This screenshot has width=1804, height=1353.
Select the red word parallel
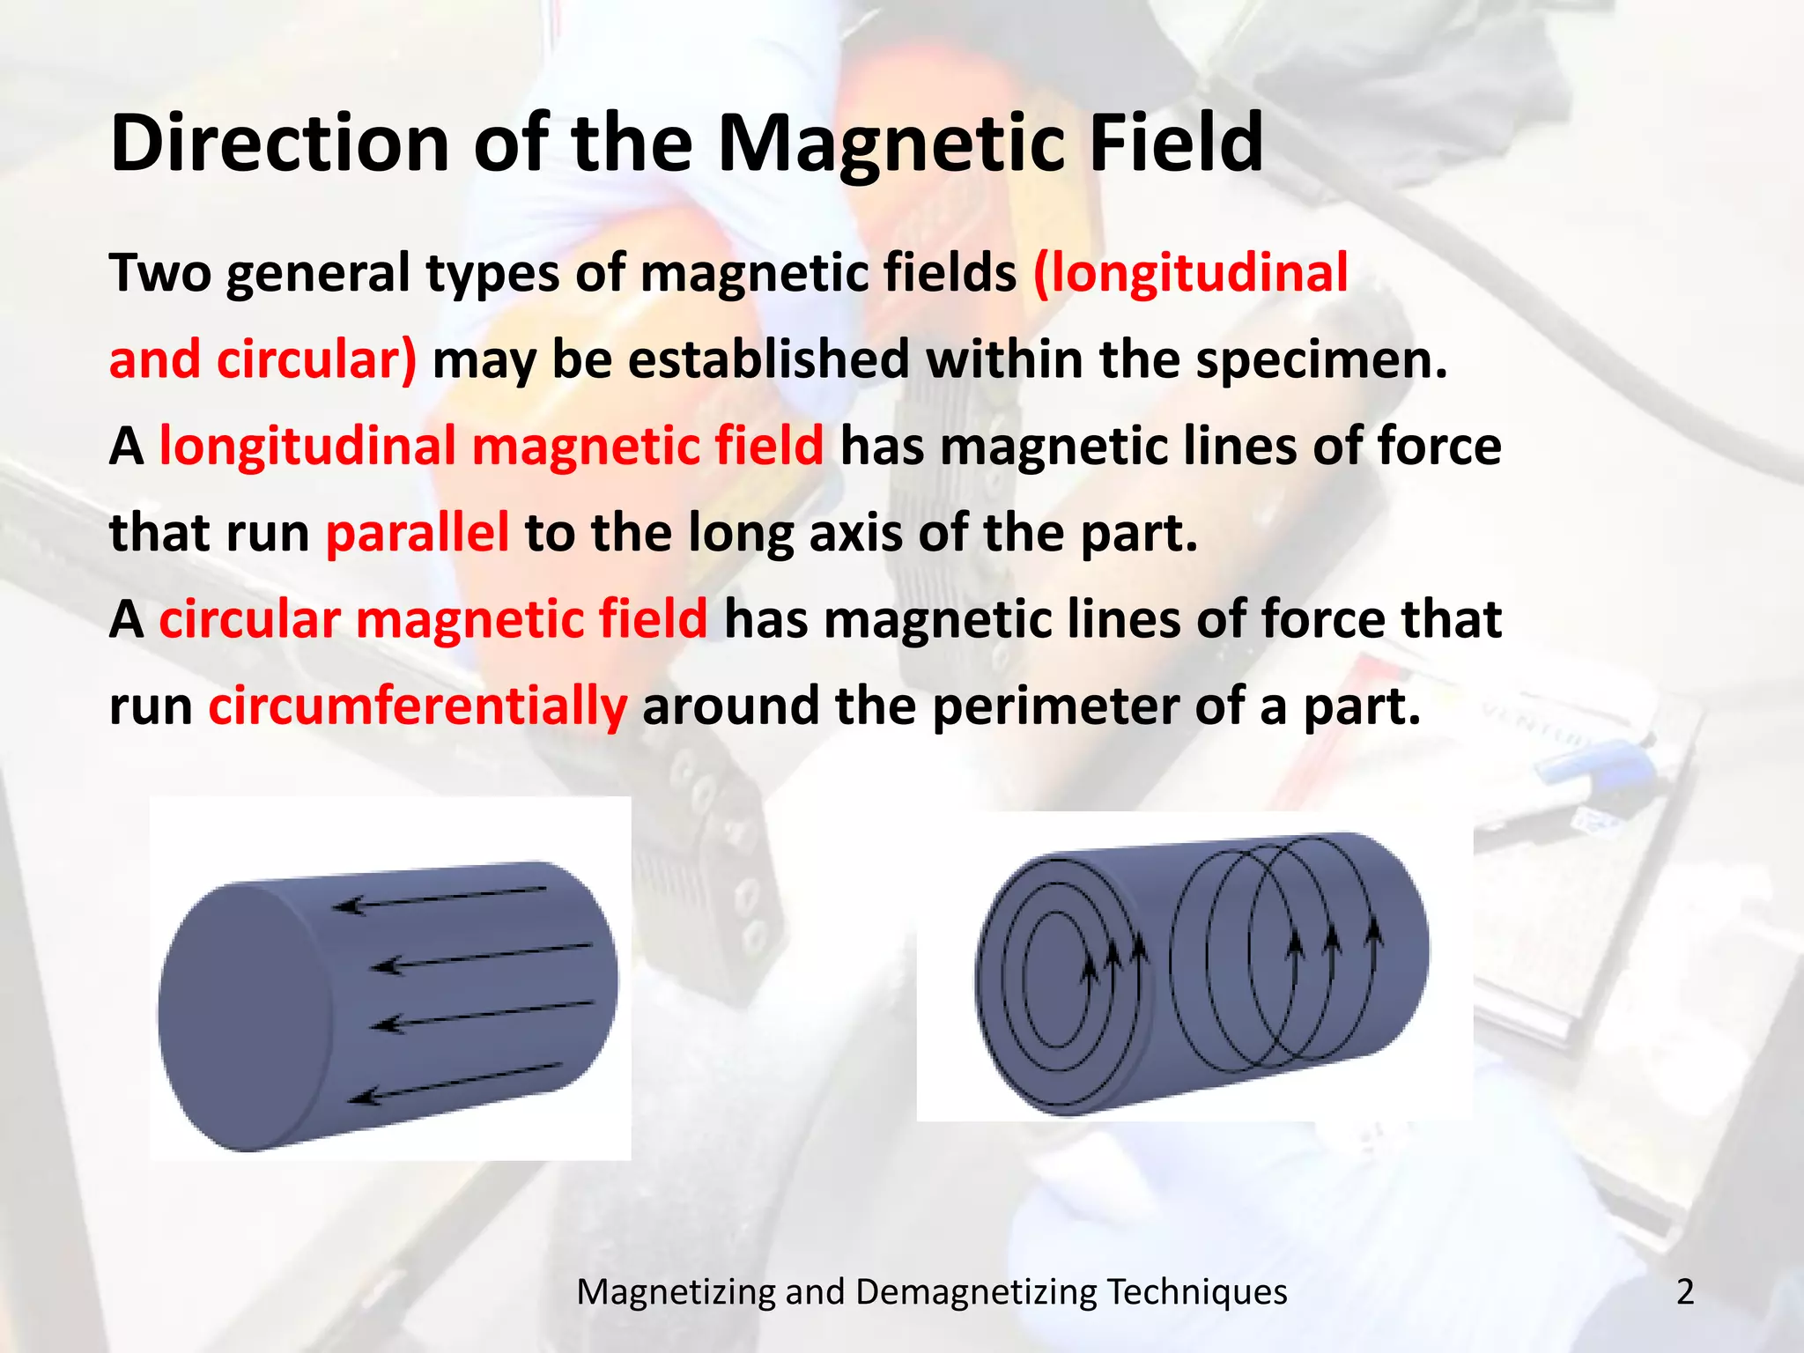(417, 533)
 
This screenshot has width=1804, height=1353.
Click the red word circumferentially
(418, 706)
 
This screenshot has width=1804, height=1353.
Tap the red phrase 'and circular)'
(262, 360)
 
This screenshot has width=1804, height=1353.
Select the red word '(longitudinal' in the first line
(1190, 272)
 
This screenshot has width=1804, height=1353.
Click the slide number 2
(1685, 1292)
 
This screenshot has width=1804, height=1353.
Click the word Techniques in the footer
(1197, 1292)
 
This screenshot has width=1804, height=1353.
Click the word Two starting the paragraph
(160, 273)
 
